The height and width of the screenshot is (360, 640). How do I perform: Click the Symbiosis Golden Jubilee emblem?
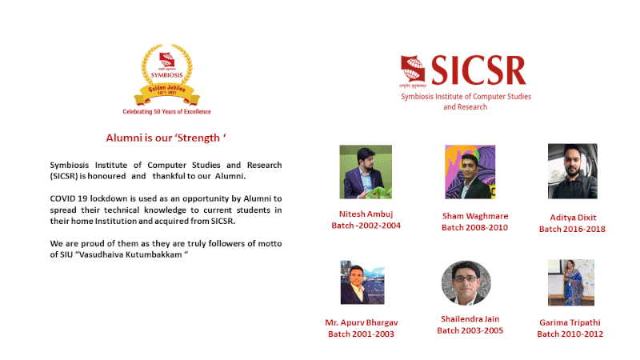coord(166,74)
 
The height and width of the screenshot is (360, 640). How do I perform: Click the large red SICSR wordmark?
coord(478,70)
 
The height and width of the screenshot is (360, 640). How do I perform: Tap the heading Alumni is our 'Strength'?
coord(166,138)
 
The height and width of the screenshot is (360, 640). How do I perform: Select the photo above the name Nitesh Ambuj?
coord(366,172)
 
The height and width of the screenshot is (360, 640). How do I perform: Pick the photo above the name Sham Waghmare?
coord(470,172)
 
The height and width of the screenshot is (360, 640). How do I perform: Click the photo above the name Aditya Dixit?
coord(573,171)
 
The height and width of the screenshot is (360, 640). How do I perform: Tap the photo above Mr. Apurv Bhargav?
coord(362,282)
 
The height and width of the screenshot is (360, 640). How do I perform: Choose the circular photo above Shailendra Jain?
coord(466,283)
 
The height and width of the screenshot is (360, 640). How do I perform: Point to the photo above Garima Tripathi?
coord(571,282)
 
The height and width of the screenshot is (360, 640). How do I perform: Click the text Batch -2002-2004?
coord(366,226)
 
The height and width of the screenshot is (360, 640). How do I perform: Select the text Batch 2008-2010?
coord(474,228)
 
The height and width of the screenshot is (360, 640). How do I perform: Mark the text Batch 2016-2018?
coord(572,230)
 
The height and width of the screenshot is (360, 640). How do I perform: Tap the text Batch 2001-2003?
coord(362,334)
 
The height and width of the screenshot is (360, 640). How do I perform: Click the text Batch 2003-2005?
coord(470,330)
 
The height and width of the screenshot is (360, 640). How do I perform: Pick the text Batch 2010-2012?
coord(570,334)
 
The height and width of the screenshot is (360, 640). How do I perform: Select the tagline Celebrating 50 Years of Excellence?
coord(166,111)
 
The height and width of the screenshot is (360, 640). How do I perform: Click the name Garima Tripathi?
coord(570,323)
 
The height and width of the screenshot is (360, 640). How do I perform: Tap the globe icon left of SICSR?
coord(413,69)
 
